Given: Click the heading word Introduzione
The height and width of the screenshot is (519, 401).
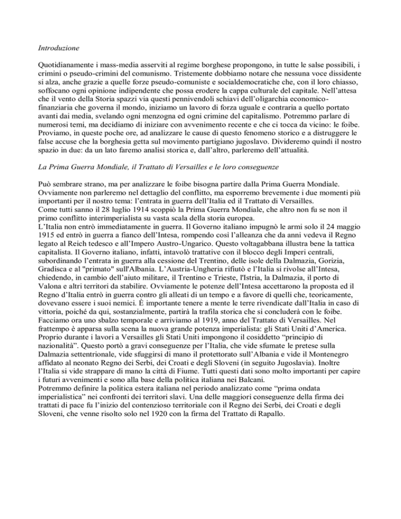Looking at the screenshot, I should point(58,48).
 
